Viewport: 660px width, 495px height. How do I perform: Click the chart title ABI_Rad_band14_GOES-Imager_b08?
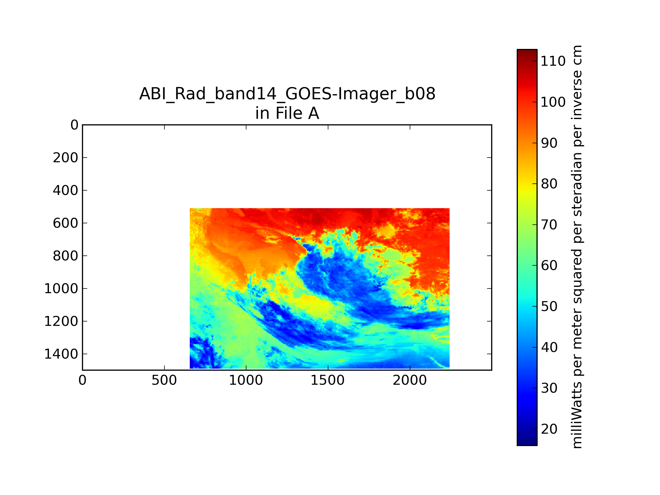(287, 94)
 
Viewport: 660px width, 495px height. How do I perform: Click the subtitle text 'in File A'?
(287, 113)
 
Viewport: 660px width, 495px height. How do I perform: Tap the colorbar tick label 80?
(549, 184)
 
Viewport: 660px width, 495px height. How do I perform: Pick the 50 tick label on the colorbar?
(549, 306)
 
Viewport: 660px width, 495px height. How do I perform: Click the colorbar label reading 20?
(549, 429)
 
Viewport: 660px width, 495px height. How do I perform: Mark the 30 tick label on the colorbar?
(549, 388)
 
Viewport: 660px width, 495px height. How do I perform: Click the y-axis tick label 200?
(66, 158)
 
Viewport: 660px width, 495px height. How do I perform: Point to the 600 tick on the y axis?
(66, 223)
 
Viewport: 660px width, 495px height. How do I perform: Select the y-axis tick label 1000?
(61, 288)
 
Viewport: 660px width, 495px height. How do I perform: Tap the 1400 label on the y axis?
(61, 354)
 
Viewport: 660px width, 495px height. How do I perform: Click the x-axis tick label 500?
(164, 380)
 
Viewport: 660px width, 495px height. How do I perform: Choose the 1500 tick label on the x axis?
(328, 380)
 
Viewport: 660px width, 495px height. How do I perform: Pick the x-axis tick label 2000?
(410, 380)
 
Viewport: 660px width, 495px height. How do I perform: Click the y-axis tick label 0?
(74, 125)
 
